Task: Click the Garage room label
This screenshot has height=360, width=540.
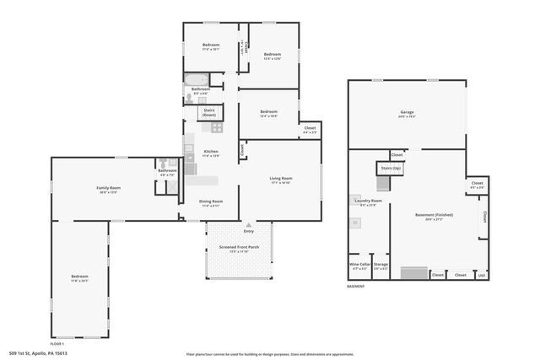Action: click(x=407, y=112)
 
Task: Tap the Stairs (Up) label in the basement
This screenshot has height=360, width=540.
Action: click(x=391, y=169)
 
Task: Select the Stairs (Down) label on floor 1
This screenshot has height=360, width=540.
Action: click(x=209, y=111)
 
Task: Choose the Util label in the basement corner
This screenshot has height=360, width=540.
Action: click(x=482, y=275)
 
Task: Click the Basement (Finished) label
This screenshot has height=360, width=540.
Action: click(x=434, y=215)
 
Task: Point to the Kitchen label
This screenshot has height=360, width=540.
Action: click(x=211, y=152)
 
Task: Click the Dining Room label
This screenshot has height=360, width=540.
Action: click(x=211, y=201)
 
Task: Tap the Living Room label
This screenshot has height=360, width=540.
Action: click(x=280, y=179)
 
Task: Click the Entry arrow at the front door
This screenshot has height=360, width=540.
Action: click(x=248, y=226)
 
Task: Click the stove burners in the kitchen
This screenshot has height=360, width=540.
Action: click(x=216, y=128)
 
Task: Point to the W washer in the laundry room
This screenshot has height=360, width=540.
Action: click(x=355, y=223)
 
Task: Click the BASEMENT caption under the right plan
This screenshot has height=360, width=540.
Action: click(x=356, y=287)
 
